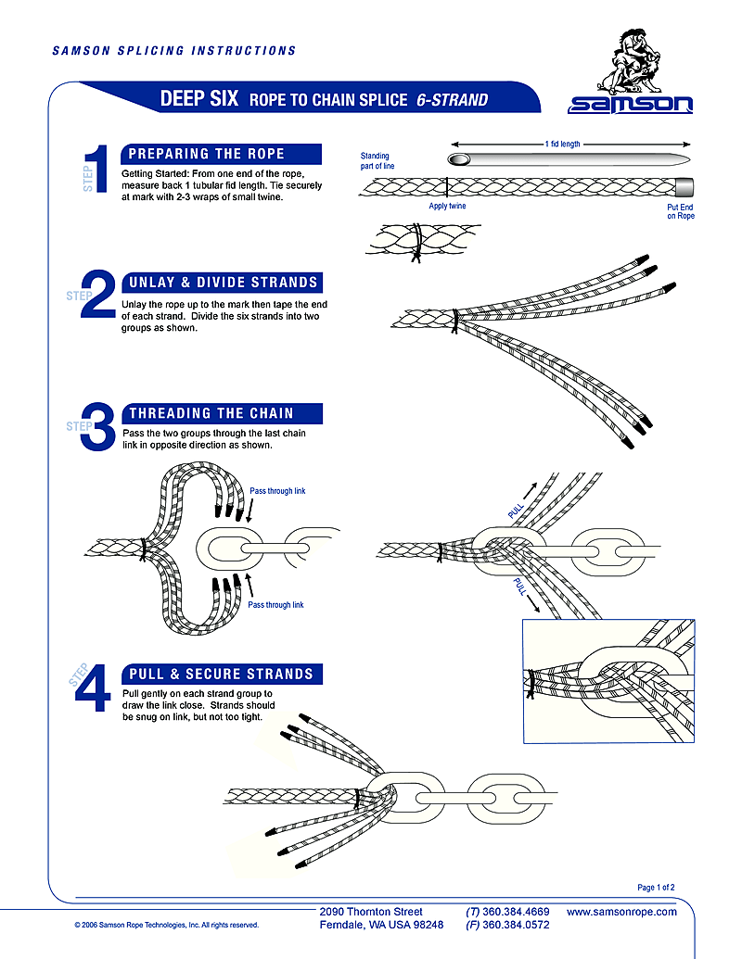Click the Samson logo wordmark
631,104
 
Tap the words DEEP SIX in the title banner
200,99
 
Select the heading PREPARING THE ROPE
206,154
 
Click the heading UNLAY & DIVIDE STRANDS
224,282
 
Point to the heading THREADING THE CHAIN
211,413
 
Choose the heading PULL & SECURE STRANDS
221,674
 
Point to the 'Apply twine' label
447,207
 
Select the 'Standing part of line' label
376,161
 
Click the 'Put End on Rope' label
680,211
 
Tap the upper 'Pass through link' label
277,491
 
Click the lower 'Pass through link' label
275,605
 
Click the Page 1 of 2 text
657,888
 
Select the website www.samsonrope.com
621,912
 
